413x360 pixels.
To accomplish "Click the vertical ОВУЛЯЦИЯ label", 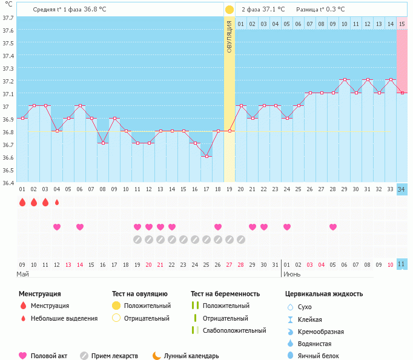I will (230, 37).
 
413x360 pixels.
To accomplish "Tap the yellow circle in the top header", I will (229, 10).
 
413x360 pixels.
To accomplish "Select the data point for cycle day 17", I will (206, 156).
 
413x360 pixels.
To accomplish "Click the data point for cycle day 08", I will (103, 143).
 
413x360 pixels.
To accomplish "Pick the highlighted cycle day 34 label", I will (401, 189).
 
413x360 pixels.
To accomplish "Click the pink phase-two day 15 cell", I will (401, 24).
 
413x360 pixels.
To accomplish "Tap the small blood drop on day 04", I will (57, 202).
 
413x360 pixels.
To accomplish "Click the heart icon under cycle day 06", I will (80, 227).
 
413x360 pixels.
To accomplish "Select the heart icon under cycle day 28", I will (333, 227).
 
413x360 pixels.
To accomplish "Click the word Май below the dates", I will (23, 274).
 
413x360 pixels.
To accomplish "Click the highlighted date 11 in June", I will (401, 264).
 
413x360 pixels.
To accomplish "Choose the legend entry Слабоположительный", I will (234, 330).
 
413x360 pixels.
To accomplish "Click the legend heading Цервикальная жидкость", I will (324, 294).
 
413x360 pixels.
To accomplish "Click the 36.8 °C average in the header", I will (95, 9).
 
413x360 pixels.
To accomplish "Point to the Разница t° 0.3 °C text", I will (320, 10).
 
